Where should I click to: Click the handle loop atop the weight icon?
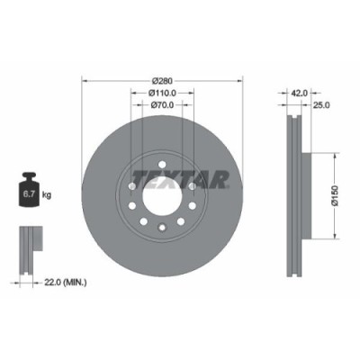[x=24, y=177]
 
